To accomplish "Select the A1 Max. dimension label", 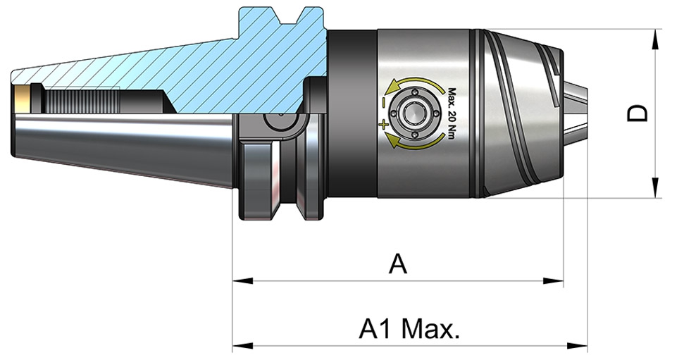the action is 409,329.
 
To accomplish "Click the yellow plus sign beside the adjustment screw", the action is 384,125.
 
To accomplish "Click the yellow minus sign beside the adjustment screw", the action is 383,103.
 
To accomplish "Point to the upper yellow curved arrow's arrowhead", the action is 394,85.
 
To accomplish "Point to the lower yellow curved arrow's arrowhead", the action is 393,140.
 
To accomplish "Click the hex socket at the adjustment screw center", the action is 414,113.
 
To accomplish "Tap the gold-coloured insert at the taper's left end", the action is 21,97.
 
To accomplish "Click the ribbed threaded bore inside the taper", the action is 82,101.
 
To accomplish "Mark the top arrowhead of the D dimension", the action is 656,39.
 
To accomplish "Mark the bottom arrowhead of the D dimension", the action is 656,187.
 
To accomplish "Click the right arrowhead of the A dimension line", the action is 553,281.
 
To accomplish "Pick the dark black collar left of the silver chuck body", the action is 352,113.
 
